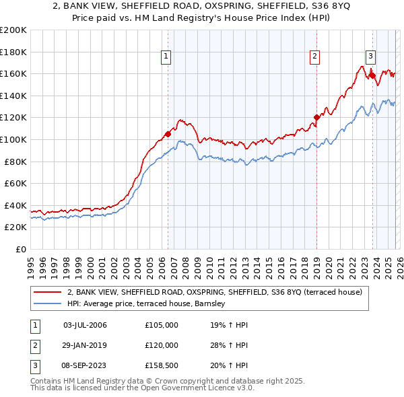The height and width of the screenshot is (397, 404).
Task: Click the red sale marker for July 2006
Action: [168, 134]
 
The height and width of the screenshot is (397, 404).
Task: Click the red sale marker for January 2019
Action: [316, 118]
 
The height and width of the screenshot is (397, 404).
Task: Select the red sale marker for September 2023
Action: [372, 75]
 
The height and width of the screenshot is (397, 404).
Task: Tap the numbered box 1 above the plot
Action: [166, 57]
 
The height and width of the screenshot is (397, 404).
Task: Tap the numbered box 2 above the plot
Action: [314, 57]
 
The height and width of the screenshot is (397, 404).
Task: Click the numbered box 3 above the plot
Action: [370, 57]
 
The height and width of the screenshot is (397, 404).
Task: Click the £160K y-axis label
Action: [13, 73]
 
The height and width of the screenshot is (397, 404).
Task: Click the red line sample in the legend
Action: [48, 292]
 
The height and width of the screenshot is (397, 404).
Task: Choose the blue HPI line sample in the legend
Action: [48, 304]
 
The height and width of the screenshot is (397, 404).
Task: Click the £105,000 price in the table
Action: [162, 325]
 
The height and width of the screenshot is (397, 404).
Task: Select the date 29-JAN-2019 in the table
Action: [85, 345]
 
